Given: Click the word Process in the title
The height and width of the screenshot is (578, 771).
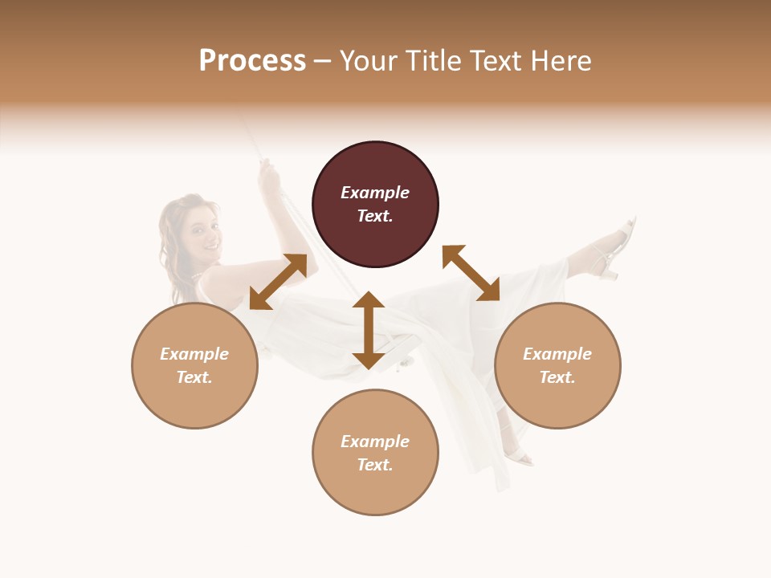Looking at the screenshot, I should pyautogui.click(x=252, y=61).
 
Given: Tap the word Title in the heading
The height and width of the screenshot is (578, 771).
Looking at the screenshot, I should pyautogui.click(x=428, y=61).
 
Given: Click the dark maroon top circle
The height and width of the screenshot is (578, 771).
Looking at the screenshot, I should pyautogui.click(x=375, y=205).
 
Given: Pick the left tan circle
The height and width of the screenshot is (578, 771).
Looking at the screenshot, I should pyautogui.click(x=194, y=365).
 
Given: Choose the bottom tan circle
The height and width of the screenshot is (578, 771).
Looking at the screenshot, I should pyautogui.click(x=375, y=452).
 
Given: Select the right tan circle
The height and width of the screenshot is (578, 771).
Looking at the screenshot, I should pyautogui.click(x=557, y=365).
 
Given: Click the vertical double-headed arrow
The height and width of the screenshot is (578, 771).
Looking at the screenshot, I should pyautogui.click(x=369, y=330).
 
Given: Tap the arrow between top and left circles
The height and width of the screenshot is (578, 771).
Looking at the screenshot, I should pyautogui.click(x=278, y=282).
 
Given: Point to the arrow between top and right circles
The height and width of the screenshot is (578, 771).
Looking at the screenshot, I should pyautogui.click(x=471, y=273).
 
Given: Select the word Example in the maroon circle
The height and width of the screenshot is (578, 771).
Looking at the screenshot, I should pyautogui.click(x=375, y=193).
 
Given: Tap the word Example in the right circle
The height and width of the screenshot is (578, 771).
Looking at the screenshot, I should pyautogui.click(x=557, y=354).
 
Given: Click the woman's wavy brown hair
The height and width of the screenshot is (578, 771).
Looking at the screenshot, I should pyautogui.click(x=172, y=233).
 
